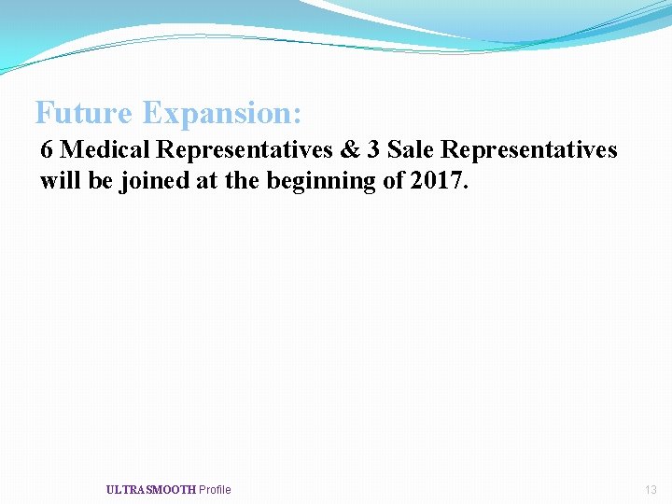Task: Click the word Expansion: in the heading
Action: (x=222, y=114)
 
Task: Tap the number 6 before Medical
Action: (x=48, y=149)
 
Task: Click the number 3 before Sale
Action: (x=372, y=149)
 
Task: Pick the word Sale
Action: (x=408, y=149)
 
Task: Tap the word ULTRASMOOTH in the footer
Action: (x=150, y=490)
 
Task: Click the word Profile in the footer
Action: (x=215, y=490)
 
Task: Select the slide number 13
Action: (x=651, y=490)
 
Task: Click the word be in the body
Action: (x=101, y=180)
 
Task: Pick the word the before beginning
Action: (x=245, y=180)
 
